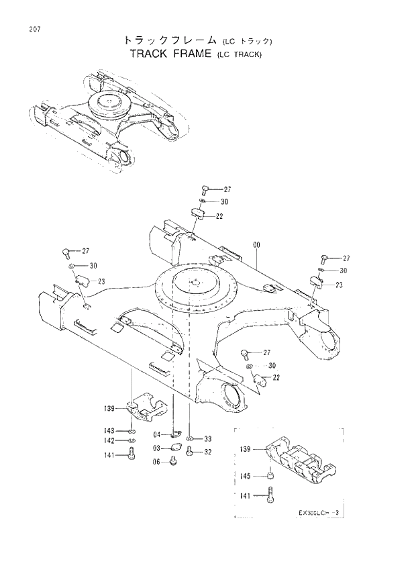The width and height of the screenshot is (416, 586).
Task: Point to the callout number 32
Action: [x=208, y=452]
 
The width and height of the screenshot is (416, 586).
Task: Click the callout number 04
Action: [x=155, y=435]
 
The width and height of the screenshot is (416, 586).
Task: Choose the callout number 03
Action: [x=155, y=448]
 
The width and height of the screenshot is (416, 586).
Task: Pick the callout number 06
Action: [x=155, y=461]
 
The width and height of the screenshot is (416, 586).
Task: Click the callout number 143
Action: [x=109, y=430]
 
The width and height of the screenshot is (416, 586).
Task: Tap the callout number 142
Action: [x=109, y=441]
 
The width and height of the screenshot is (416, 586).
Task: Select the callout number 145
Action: [x=246, y=476]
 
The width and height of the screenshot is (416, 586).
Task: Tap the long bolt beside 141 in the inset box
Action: [x=270, y=495]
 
